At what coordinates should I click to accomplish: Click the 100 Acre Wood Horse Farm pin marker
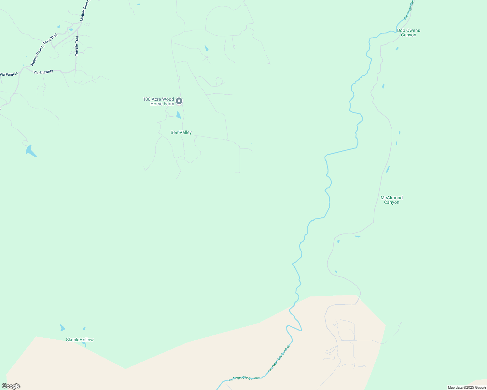(179, 101)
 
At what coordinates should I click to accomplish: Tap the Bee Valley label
(181, 132)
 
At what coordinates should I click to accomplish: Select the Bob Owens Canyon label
(409, 32)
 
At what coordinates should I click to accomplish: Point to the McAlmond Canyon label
(392, 200)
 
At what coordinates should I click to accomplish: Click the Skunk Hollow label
(80, 340)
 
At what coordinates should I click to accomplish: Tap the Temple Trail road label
(77, 46)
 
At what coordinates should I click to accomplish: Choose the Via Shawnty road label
(43, 72)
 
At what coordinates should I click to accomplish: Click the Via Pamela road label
(9, 74)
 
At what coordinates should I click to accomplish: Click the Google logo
(11, 386)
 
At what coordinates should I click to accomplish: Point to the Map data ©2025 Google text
(467, 387)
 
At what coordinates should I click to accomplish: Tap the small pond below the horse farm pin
(178, 115)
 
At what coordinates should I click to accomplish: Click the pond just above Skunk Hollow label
(62, 328)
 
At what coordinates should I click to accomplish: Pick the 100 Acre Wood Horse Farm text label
(159, 101)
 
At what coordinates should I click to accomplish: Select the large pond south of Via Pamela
(31, 151)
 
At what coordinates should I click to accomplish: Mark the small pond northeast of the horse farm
(206, 48)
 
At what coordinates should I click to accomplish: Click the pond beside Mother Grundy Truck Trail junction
(71, 30)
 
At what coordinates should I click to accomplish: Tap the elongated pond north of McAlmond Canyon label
(388, 169)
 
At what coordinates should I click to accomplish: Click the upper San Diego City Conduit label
(409, 10)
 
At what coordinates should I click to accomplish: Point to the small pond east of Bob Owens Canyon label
(397, 49)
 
